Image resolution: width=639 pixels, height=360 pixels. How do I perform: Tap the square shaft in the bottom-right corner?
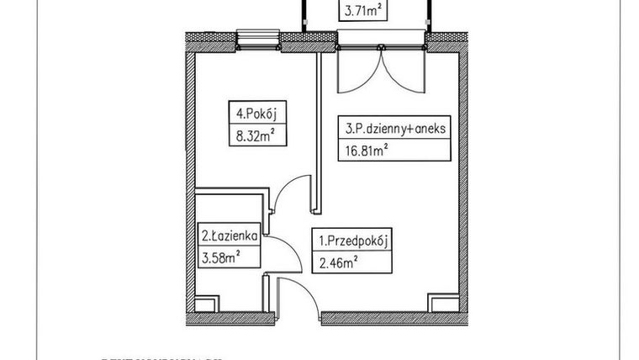click(440, 304)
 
